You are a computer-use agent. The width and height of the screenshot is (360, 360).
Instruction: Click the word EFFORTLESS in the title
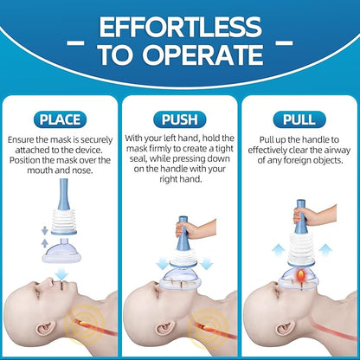[181, 27]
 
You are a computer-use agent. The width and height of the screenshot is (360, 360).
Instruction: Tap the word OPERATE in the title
[202, 55]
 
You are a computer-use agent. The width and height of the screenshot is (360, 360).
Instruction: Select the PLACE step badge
[60, 119]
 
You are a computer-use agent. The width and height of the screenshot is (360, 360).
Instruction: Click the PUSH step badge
[180, 119]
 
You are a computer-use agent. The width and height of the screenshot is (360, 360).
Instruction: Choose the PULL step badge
[299, 119]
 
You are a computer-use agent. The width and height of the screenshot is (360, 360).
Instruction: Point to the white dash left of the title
[75, 43]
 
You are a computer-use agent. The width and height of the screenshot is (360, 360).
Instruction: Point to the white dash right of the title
[284, 43]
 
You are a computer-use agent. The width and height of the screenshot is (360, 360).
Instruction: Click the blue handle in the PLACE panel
[64, 194]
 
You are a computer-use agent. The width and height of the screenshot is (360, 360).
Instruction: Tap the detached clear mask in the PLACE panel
[61, 251]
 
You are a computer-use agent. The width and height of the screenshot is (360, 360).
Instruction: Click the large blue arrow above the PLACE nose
[61, 273]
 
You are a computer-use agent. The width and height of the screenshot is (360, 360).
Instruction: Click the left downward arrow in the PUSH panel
[163, 262]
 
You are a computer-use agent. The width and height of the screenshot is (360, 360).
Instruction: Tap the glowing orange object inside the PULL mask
[301, 275]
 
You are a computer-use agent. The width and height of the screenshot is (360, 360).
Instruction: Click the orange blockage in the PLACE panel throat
[84, 324]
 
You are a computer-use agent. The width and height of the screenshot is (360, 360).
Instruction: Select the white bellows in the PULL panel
[301, 248]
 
